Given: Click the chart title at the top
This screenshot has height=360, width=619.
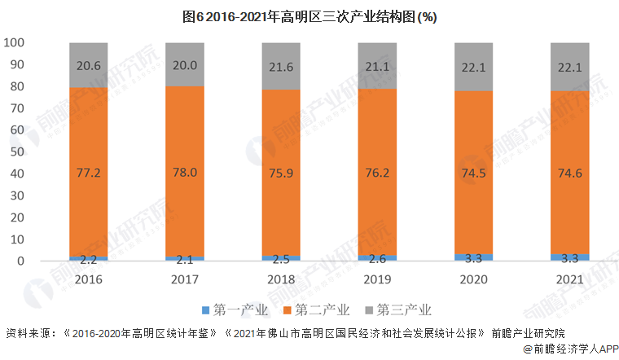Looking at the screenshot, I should pos(309,16).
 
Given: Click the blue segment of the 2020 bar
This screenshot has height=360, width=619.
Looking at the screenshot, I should pos(473,257).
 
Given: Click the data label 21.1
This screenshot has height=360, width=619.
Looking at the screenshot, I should pos(377,66).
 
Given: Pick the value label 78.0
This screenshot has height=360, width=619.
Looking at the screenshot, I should pos(185,173).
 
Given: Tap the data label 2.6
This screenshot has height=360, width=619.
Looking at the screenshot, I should pos(377,259).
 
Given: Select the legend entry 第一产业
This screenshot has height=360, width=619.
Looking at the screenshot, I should pos(233,310).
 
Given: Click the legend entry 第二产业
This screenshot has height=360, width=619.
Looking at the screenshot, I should pos(315,310).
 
